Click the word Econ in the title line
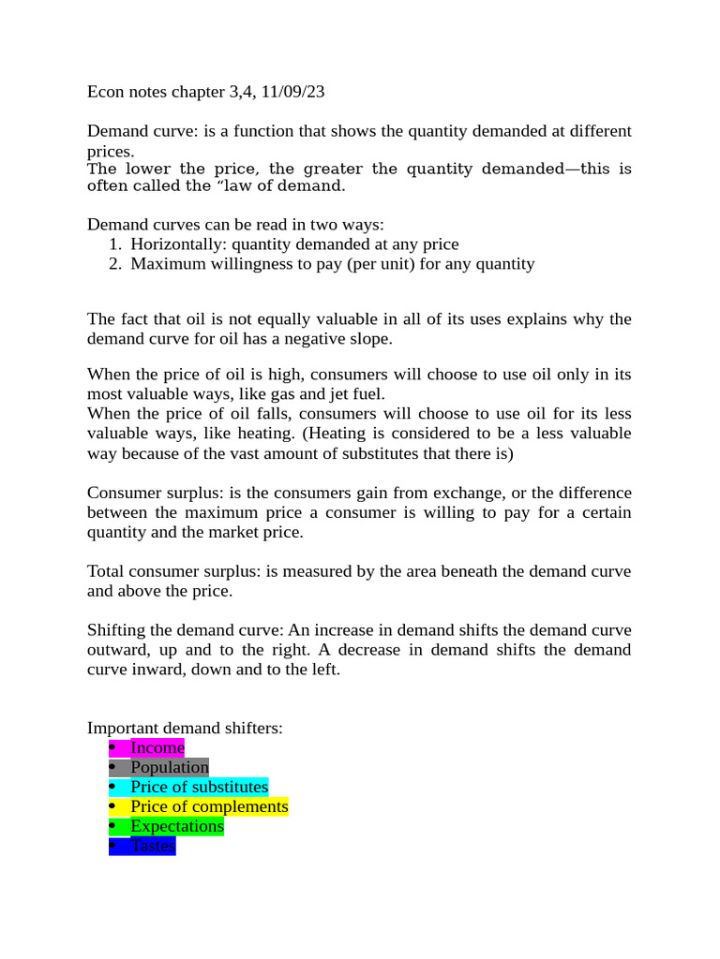105,92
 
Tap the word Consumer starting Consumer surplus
123,493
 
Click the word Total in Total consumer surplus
106,571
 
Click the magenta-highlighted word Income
157,747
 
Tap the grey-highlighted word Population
170,767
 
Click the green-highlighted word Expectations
177,826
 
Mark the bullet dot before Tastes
112,846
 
